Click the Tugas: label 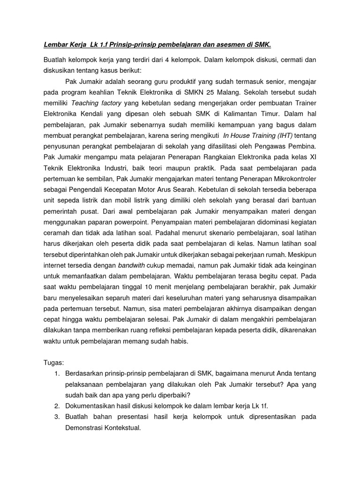(x=53, y=362)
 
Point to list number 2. (x=56, y=405)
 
